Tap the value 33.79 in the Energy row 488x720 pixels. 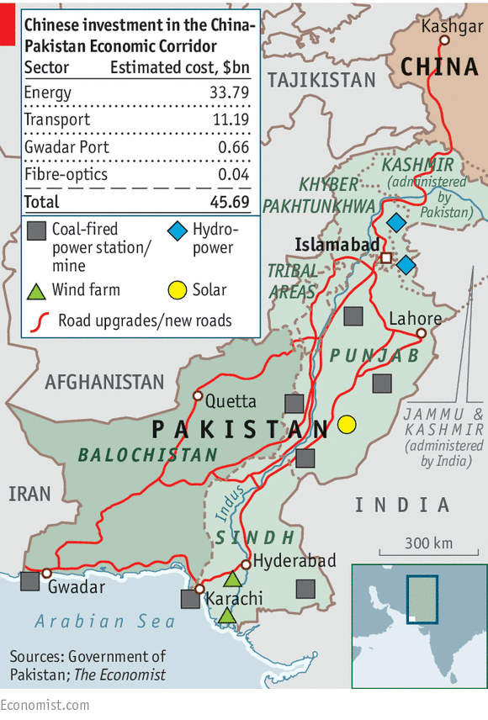coord(229,93)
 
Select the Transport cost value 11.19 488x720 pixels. coord(230,120)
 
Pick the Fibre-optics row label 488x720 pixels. coord(66,174)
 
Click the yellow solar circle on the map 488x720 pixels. coord(345,425)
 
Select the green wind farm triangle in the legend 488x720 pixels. coord(36,291)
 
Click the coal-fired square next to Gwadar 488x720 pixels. coord(30,580)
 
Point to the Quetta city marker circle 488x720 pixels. coord(199,395)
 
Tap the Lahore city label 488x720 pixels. coord(415,319)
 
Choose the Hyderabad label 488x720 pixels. coord(294,560)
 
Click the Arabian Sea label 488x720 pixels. coord(105,622)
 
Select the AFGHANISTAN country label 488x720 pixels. coord(105,382)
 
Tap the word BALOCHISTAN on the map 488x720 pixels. coord(147,455)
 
